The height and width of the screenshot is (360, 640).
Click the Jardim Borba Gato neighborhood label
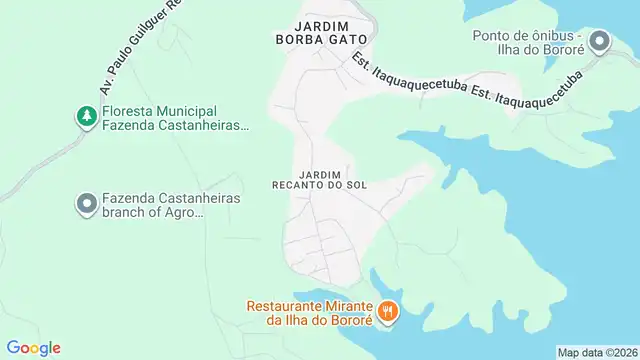pyautogui.click(x=320, y=32)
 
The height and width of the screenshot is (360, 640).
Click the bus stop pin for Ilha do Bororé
pyautogui.click(x=599, y=42)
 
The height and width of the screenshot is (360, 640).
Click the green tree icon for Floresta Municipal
pyautogui.click(x=87, y=117)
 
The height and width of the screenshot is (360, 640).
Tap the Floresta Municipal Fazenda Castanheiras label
pyautogui.click(x=175, y=118)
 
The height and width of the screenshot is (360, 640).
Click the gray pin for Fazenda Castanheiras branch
pyautogui.click(x=87, y=205)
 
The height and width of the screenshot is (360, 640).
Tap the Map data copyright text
pyautogui.click(x=597, y=353)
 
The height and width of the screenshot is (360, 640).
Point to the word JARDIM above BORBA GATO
pyautogui.click(x=320, y=25)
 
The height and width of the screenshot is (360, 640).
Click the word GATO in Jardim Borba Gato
pyautogui.click(x=347, y=39)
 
